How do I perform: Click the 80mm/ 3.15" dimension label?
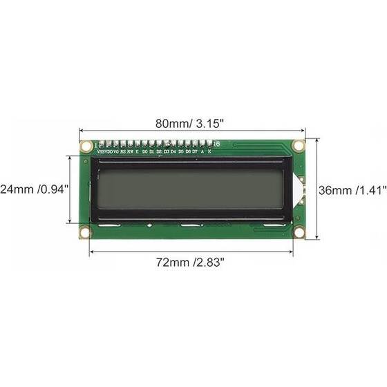(189, 124)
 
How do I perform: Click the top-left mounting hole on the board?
(86, 146)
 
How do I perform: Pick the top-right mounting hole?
(299, 146)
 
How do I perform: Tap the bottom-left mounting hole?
(85, 232)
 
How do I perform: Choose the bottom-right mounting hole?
(299, 232)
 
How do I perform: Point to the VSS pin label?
(102, 150)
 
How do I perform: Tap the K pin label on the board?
(210, 150)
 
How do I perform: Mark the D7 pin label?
(194, 150)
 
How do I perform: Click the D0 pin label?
(144, 150)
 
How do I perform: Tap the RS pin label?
(123, 150)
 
